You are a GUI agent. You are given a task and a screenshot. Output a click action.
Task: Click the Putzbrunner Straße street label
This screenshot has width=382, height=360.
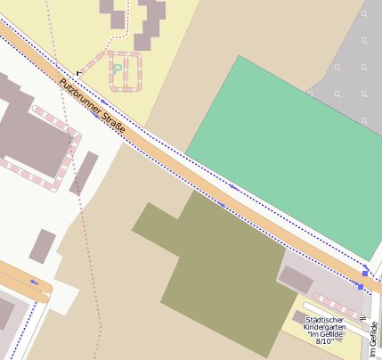(93, 108)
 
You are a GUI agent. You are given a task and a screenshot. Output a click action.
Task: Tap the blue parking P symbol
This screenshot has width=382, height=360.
(118, 69)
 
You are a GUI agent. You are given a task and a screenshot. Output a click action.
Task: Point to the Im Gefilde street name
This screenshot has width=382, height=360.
(374, 340)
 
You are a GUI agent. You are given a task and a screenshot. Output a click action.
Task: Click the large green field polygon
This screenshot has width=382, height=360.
(276, 143)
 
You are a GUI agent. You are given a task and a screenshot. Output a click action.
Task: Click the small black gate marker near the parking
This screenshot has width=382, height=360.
(78, 72)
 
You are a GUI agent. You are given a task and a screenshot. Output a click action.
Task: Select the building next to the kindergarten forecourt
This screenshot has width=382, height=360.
(297, 279)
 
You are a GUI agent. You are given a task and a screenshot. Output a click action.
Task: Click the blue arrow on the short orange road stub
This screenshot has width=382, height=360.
(34, 282)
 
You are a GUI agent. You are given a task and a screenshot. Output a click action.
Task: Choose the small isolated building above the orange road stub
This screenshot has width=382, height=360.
(42, 246)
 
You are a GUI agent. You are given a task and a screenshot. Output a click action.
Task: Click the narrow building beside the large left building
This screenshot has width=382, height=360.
(84, 173)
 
